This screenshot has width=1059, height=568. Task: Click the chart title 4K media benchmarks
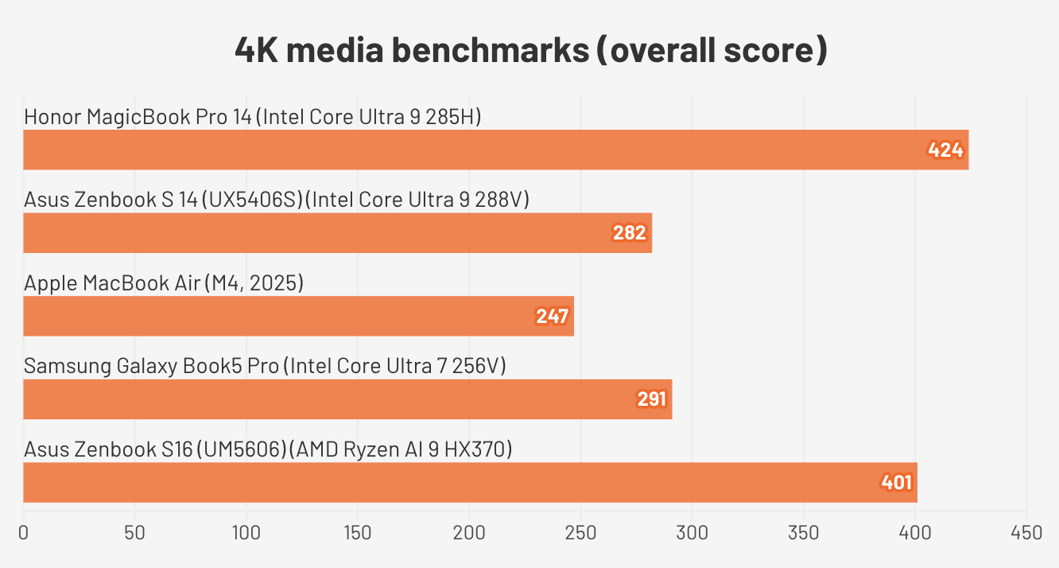coord(530,51)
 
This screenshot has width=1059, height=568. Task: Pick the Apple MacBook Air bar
coord(298,317)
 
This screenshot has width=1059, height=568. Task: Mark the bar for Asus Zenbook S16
coord(470,483)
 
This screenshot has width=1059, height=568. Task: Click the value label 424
coord(945,150)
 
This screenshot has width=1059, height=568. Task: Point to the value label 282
coord(629,233)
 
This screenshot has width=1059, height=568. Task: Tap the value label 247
coord(552,317)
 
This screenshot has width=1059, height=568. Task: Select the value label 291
coord(651,399)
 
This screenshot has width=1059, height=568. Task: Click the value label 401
coord(896,483)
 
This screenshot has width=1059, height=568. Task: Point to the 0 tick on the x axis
coord(24,532)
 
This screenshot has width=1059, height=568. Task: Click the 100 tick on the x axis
coord(246,532)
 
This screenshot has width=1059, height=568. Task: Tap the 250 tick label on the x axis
coord(580,532)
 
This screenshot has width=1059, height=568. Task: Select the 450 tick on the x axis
coord(1026,532)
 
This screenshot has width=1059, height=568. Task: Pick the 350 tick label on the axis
coord(803,532)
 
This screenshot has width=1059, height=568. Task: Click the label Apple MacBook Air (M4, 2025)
coord(164,282)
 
